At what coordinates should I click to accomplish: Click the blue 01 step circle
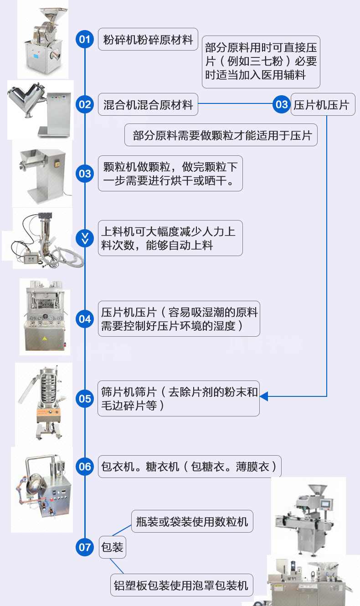[85, 39]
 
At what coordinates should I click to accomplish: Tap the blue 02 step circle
[85, 105]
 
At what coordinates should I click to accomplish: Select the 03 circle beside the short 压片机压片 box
[282, 105]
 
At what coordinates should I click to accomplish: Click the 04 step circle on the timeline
[85, 318]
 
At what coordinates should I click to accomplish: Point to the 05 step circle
[85, 399]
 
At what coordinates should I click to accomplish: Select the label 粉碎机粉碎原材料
[148, 39]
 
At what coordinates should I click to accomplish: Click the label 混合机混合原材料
[148, 105]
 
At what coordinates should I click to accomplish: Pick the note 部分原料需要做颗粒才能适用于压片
[221, 135]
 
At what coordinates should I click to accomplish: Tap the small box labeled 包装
[112, 547]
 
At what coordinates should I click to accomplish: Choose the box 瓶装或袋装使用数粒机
[192, 521]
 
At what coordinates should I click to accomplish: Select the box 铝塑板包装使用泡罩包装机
[182, 585]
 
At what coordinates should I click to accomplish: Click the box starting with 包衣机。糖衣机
[190, 467]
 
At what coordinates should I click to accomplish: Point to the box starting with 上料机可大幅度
[170, 238]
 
